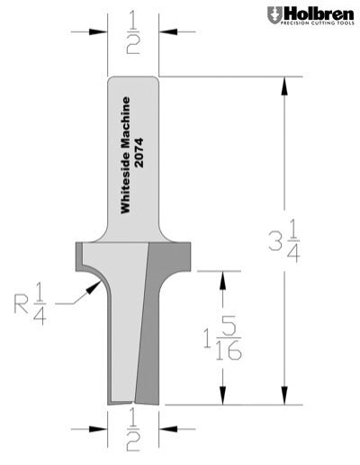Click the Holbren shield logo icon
tap(274, 14)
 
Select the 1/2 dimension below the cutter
tap(133, 439)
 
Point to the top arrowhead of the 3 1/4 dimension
tap(285, 83)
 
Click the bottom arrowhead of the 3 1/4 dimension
tap(285, 399)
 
